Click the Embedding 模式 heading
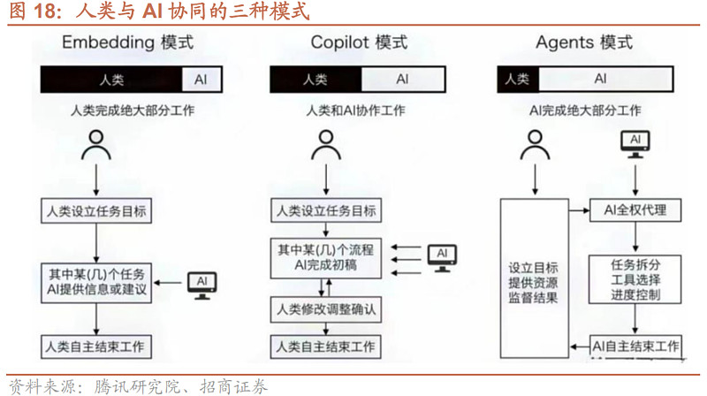[x=127, y=43]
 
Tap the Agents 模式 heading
[x=584, y=43]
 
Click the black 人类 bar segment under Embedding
[x=112, y=80]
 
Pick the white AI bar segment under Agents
[x=601, y=79]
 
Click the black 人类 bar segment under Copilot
[x=315, y=80]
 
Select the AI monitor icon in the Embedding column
[x=201, y=283]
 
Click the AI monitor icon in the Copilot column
[x=441, y=255]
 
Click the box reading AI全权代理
[x=635, y=210]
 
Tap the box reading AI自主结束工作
[x=635, y=345]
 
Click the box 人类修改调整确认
[x=324, y=308]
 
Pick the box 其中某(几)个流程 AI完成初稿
[x=324, y=256]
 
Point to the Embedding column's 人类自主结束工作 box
[x=96, y=345]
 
